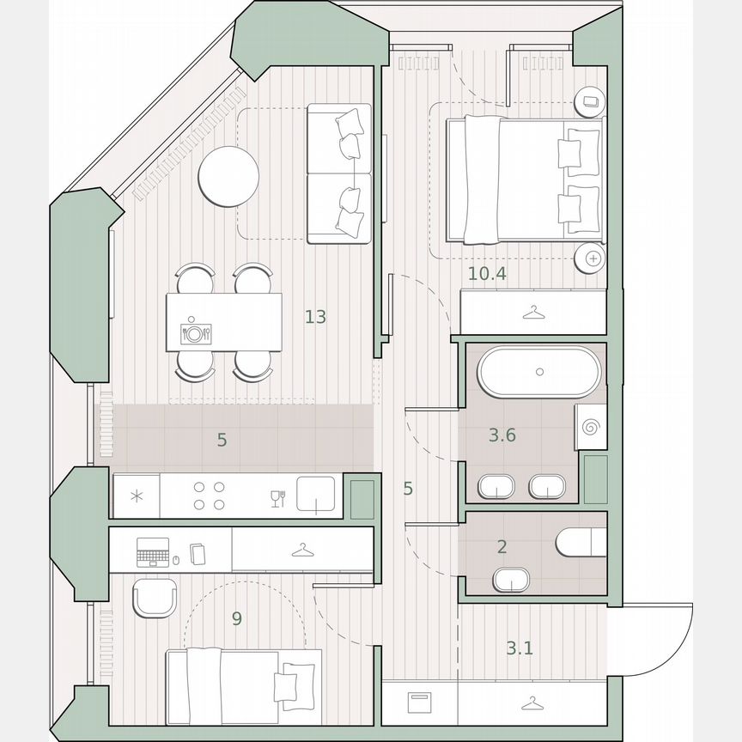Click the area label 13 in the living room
click(x=315, y=317)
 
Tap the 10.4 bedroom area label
click(x=487, y=275)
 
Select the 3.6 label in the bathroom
click(x=502, y=435)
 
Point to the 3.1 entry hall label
click(x=519, y=648)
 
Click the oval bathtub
click(x=539, y=372)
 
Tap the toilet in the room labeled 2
click(x=581, y=543)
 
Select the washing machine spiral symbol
click(x=592, y=427)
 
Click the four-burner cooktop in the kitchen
click(x=210, y=496)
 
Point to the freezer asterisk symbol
click(x=137, y=496)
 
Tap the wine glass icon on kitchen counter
click(x=277, y=498)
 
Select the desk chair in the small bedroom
click(x=155, y=597)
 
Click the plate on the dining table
click(x=196, y=333)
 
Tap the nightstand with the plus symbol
click(x=592, y=257)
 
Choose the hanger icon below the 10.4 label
click(x=533, y=313)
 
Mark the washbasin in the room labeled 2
click(x=513, y=581)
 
